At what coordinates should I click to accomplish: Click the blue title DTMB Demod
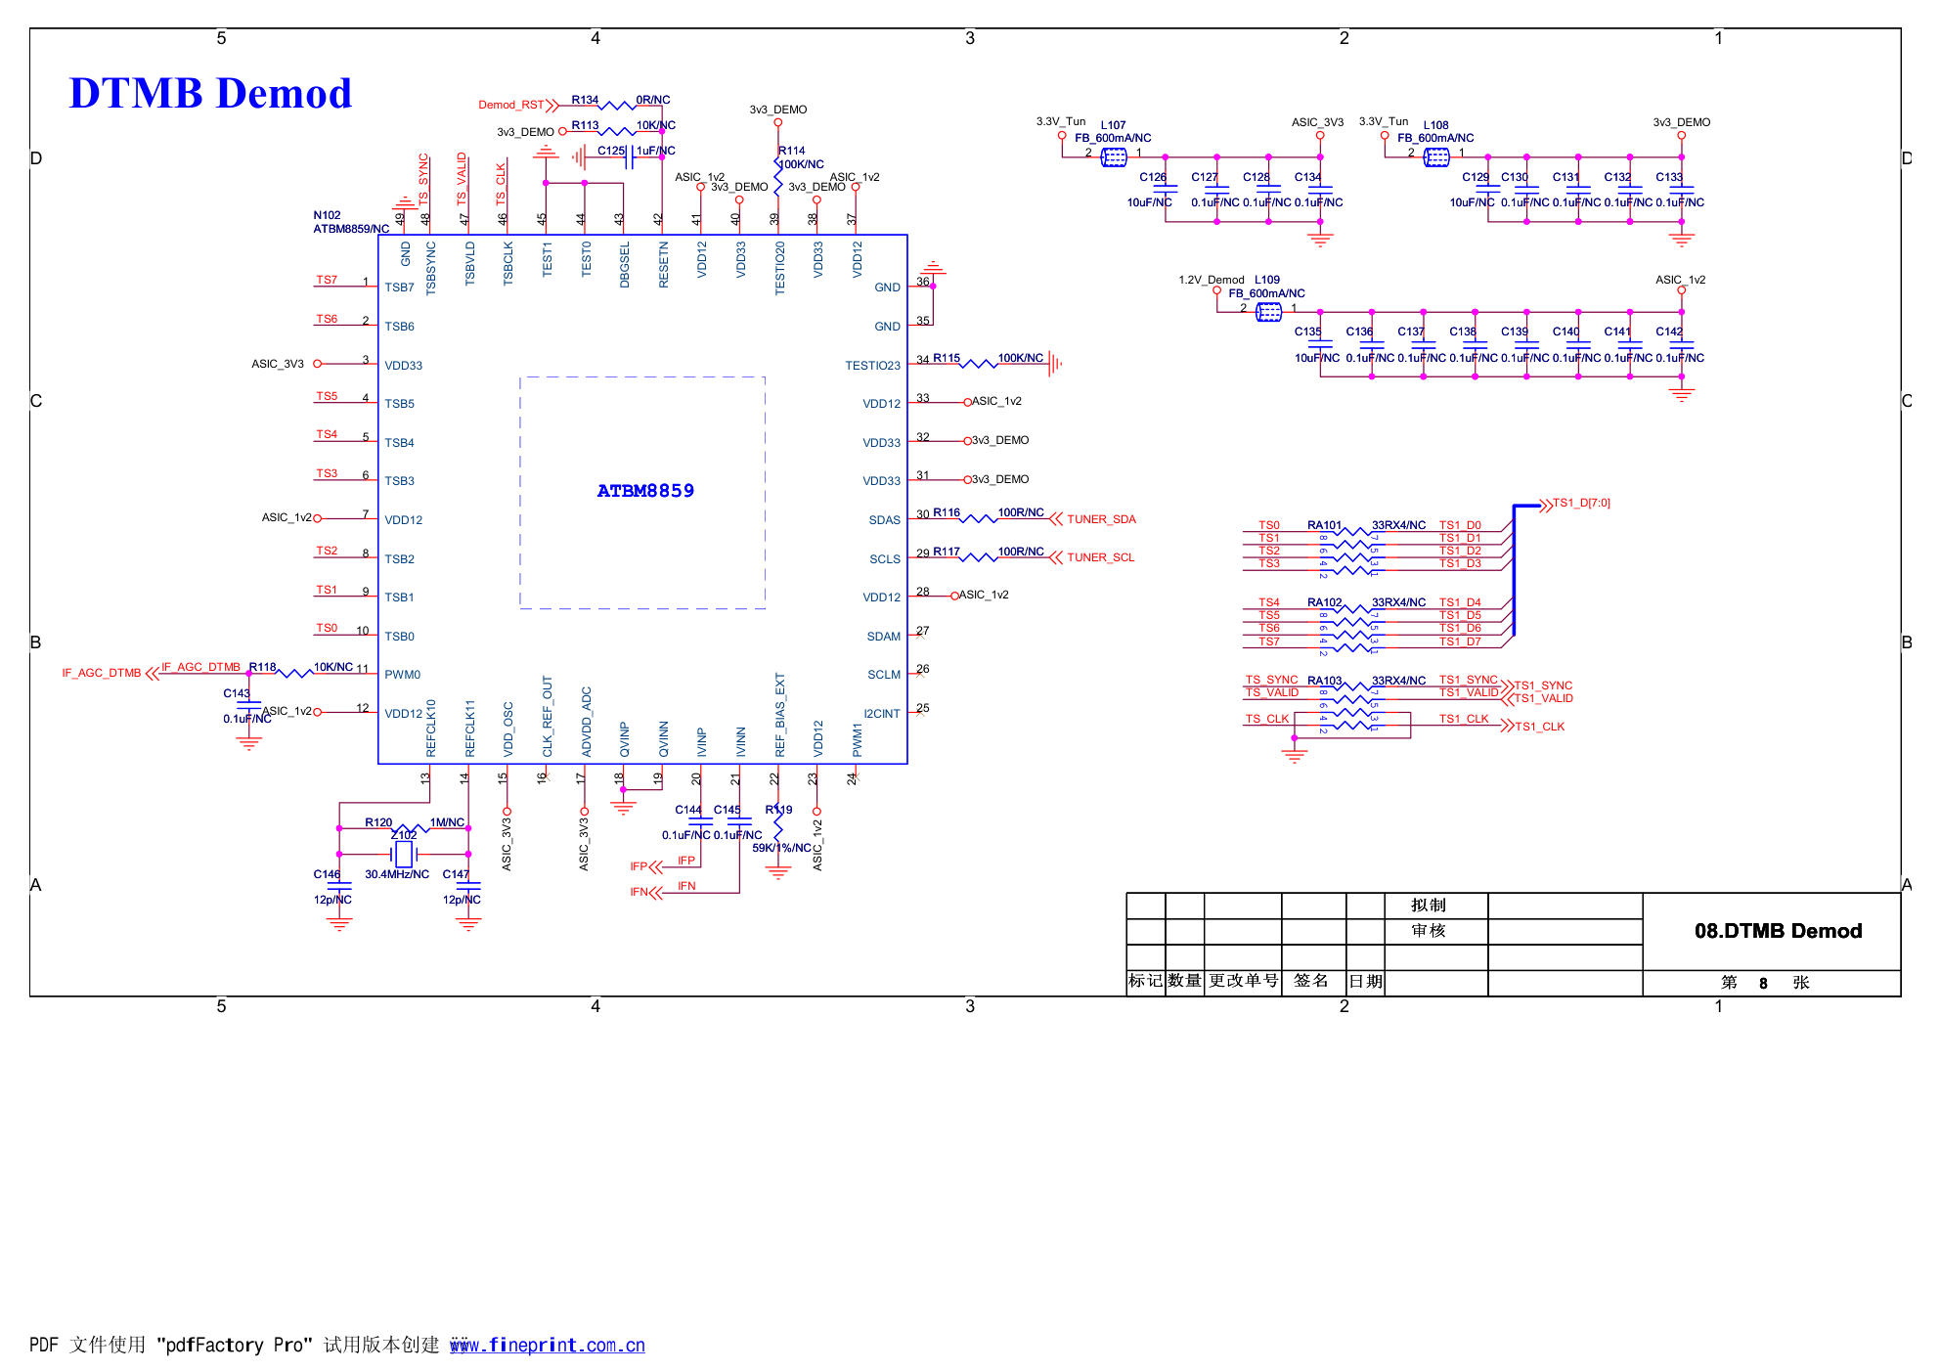tap(210, 94)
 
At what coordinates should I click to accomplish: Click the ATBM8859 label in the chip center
tap(645, 491)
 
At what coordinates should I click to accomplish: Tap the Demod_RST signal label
tap(510, 105)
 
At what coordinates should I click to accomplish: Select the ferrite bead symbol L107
tap(1113, 157)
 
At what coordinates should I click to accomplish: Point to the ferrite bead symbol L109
tap(1267, 312)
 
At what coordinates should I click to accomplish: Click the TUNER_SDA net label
tap(1101, 519)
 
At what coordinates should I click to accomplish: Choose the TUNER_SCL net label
tap(1100, 557)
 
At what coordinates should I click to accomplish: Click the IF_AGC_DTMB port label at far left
tap(102, 673)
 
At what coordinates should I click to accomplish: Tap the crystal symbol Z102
tap(403, 854)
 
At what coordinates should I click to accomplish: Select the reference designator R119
tap(778, 810)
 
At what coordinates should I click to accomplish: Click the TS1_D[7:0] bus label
tap(1581, 504)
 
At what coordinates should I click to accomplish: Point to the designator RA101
tap(1324, 525)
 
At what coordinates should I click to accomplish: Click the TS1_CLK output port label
tap(1539, 727)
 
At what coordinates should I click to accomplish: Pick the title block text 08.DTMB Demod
tap(1778, 931)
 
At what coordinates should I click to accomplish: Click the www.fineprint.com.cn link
tap(548, 1346)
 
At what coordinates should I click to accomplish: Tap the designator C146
tap(327, 874)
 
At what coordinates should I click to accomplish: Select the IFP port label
tap(639, 866)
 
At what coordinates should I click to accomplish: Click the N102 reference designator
tap(327, 215)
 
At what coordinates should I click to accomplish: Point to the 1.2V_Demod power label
tap(1211, 280)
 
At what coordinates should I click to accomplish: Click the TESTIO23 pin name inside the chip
tap(872, 366)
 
